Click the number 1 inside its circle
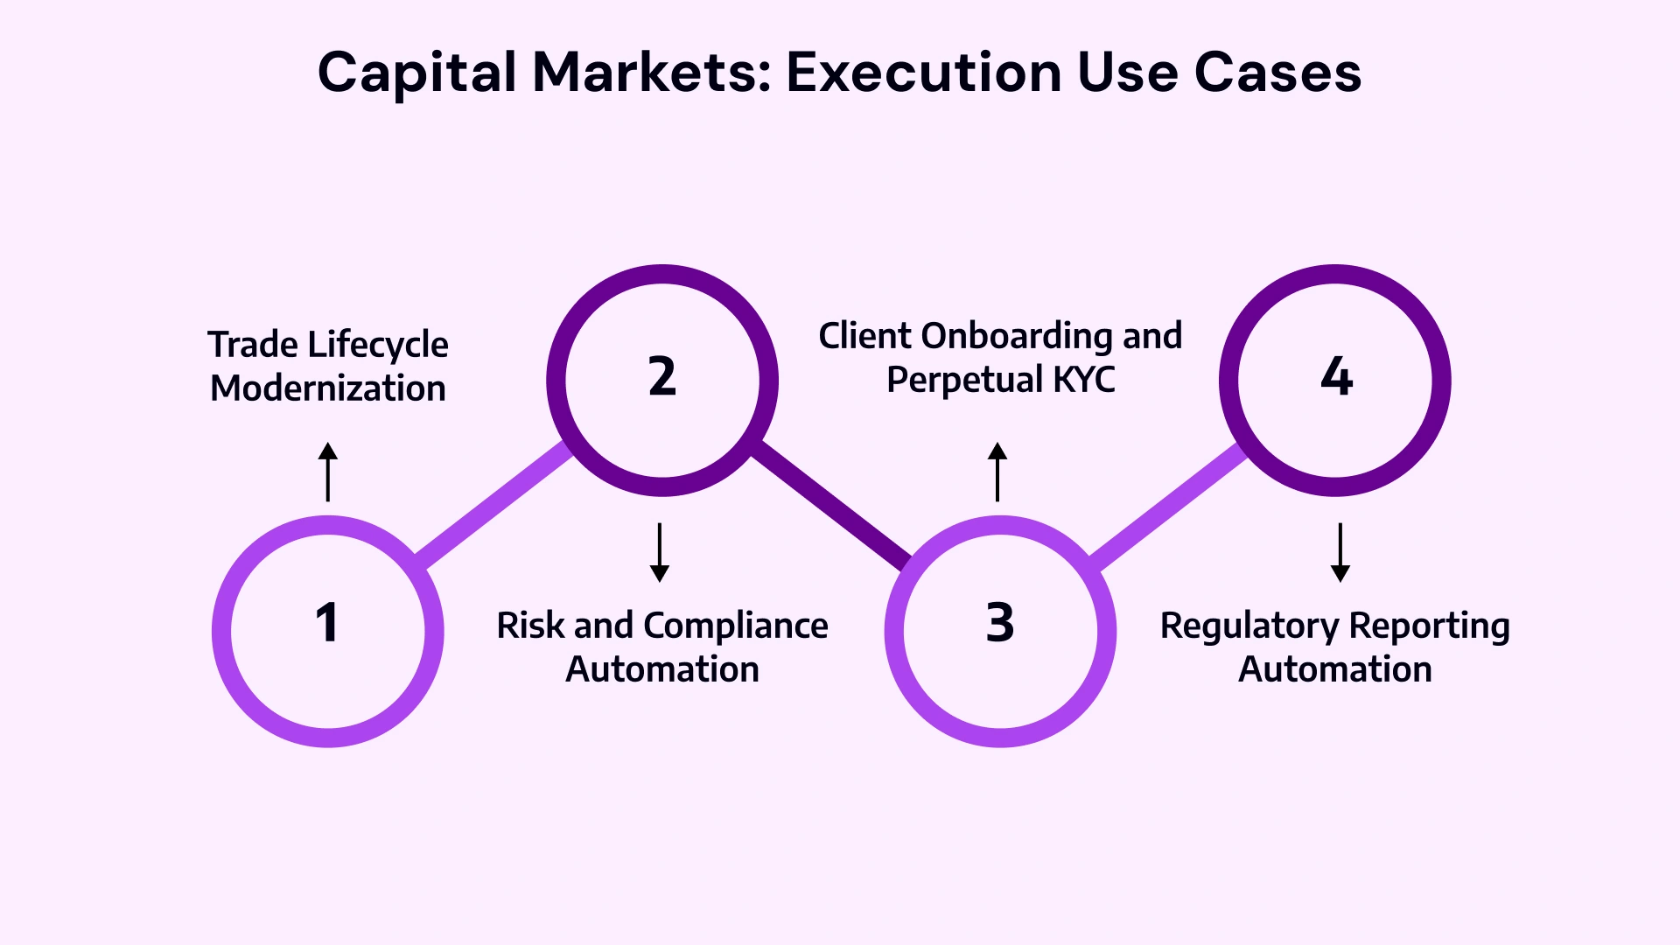click(x=326, y=623)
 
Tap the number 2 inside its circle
click(x=661, y=376)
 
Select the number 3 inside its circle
click(x=999, y=623)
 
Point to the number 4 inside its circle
click(x=1336, y=376)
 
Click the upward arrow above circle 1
click(x=328, y=472)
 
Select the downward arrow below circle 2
click(x=660, y=552)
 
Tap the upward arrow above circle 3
click(x=997, y=472)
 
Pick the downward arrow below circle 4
click(x=1340, y=552)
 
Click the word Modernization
click(x=328, y=388)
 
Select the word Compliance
click(x=735, y=626)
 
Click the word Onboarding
click(x=1013, y=337)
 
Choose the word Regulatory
click(x=1249, y=626)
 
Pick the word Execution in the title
click(x=923, y=72)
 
